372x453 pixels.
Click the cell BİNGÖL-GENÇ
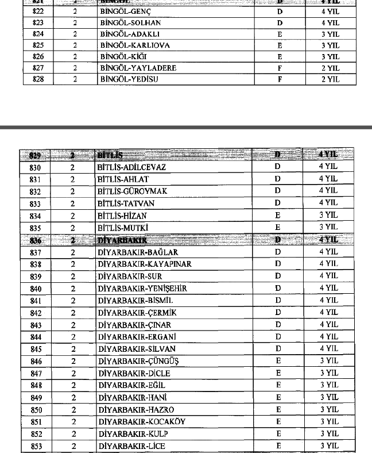coord(120,12)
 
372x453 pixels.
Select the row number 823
coord(38,24)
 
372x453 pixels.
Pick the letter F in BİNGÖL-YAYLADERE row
coord(280,68)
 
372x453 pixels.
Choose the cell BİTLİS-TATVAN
coord(126,204)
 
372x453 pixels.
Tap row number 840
coord(36,289)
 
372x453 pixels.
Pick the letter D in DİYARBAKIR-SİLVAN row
coord(278,349)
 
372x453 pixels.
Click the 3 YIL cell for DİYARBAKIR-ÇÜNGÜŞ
coord(329,361)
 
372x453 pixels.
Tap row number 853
coord(36,446)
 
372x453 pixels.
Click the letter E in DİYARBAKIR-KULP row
coord(278,433)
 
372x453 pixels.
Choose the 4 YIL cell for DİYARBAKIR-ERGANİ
coord(328,337)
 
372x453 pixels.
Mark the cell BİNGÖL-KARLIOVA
coord(127,45)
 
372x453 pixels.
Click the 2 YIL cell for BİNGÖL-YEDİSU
coord(330,79)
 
